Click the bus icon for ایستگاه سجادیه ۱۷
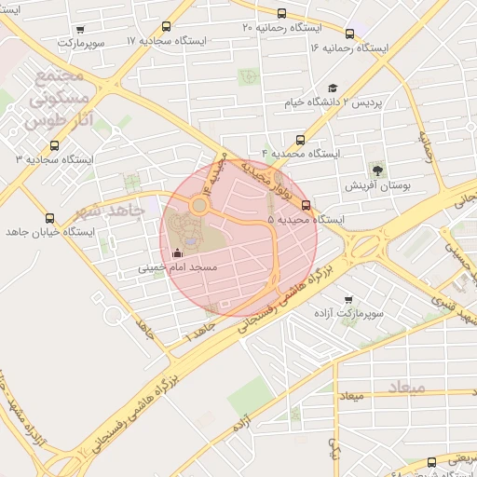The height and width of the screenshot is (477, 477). coord(167,27)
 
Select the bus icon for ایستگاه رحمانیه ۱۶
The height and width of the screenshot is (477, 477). coord(349,34)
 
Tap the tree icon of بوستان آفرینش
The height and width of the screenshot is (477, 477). coord(377,170)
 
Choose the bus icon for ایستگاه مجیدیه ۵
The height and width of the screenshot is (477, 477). coord(307,206)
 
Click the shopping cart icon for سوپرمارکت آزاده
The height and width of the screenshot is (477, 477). coord(348,301)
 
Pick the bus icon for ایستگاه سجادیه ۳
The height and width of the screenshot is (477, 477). coord(53,145)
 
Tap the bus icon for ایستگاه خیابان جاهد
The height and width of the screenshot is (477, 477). coord(49,219)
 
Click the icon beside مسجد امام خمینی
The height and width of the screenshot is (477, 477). coord(178,253)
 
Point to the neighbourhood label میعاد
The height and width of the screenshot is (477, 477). coord(408,385)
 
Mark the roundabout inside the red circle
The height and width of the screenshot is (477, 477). coord(199,204)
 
